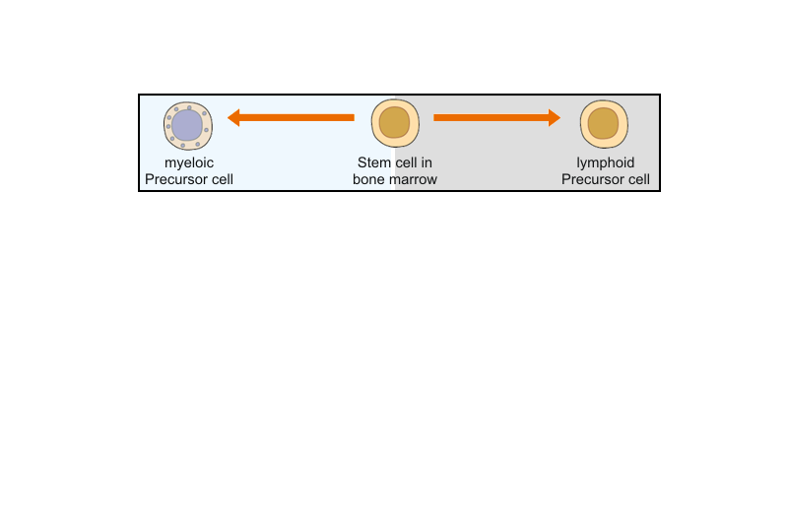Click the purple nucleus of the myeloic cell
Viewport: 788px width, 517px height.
[187, 125]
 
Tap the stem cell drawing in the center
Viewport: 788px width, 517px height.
[395, 123]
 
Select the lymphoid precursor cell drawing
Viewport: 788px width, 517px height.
[604, 124]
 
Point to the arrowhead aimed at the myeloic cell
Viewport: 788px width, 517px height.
[233, 117]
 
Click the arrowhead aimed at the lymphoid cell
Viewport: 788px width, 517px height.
[555, 117]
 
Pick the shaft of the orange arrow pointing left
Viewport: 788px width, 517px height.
[297, 117]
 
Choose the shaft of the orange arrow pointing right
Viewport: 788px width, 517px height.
[491, 117]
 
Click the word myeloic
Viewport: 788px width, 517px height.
[189, 163]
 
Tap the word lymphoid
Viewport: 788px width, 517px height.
[606, 163]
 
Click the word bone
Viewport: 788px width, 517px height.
[368, 179]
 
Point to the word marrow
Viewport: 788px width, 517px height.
[413, 180]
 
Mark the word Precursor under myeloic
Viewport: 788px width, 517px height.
[174, 179]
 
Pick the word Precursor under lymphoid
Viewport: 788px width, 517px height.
[591, 179]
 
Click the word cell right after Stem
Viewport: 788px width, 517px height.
[405, 162]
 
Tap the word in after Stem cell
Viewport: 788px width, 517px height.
[427, 162]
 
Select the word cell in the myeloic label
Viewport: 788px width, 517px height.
[221, 179]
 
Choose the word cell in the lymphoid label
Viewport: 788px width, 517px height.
[637, 179]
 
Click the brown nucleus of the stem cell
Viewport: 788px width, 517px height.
[395, 122]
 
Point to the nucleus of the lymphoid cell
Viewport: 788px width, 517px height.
[603, 123]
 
